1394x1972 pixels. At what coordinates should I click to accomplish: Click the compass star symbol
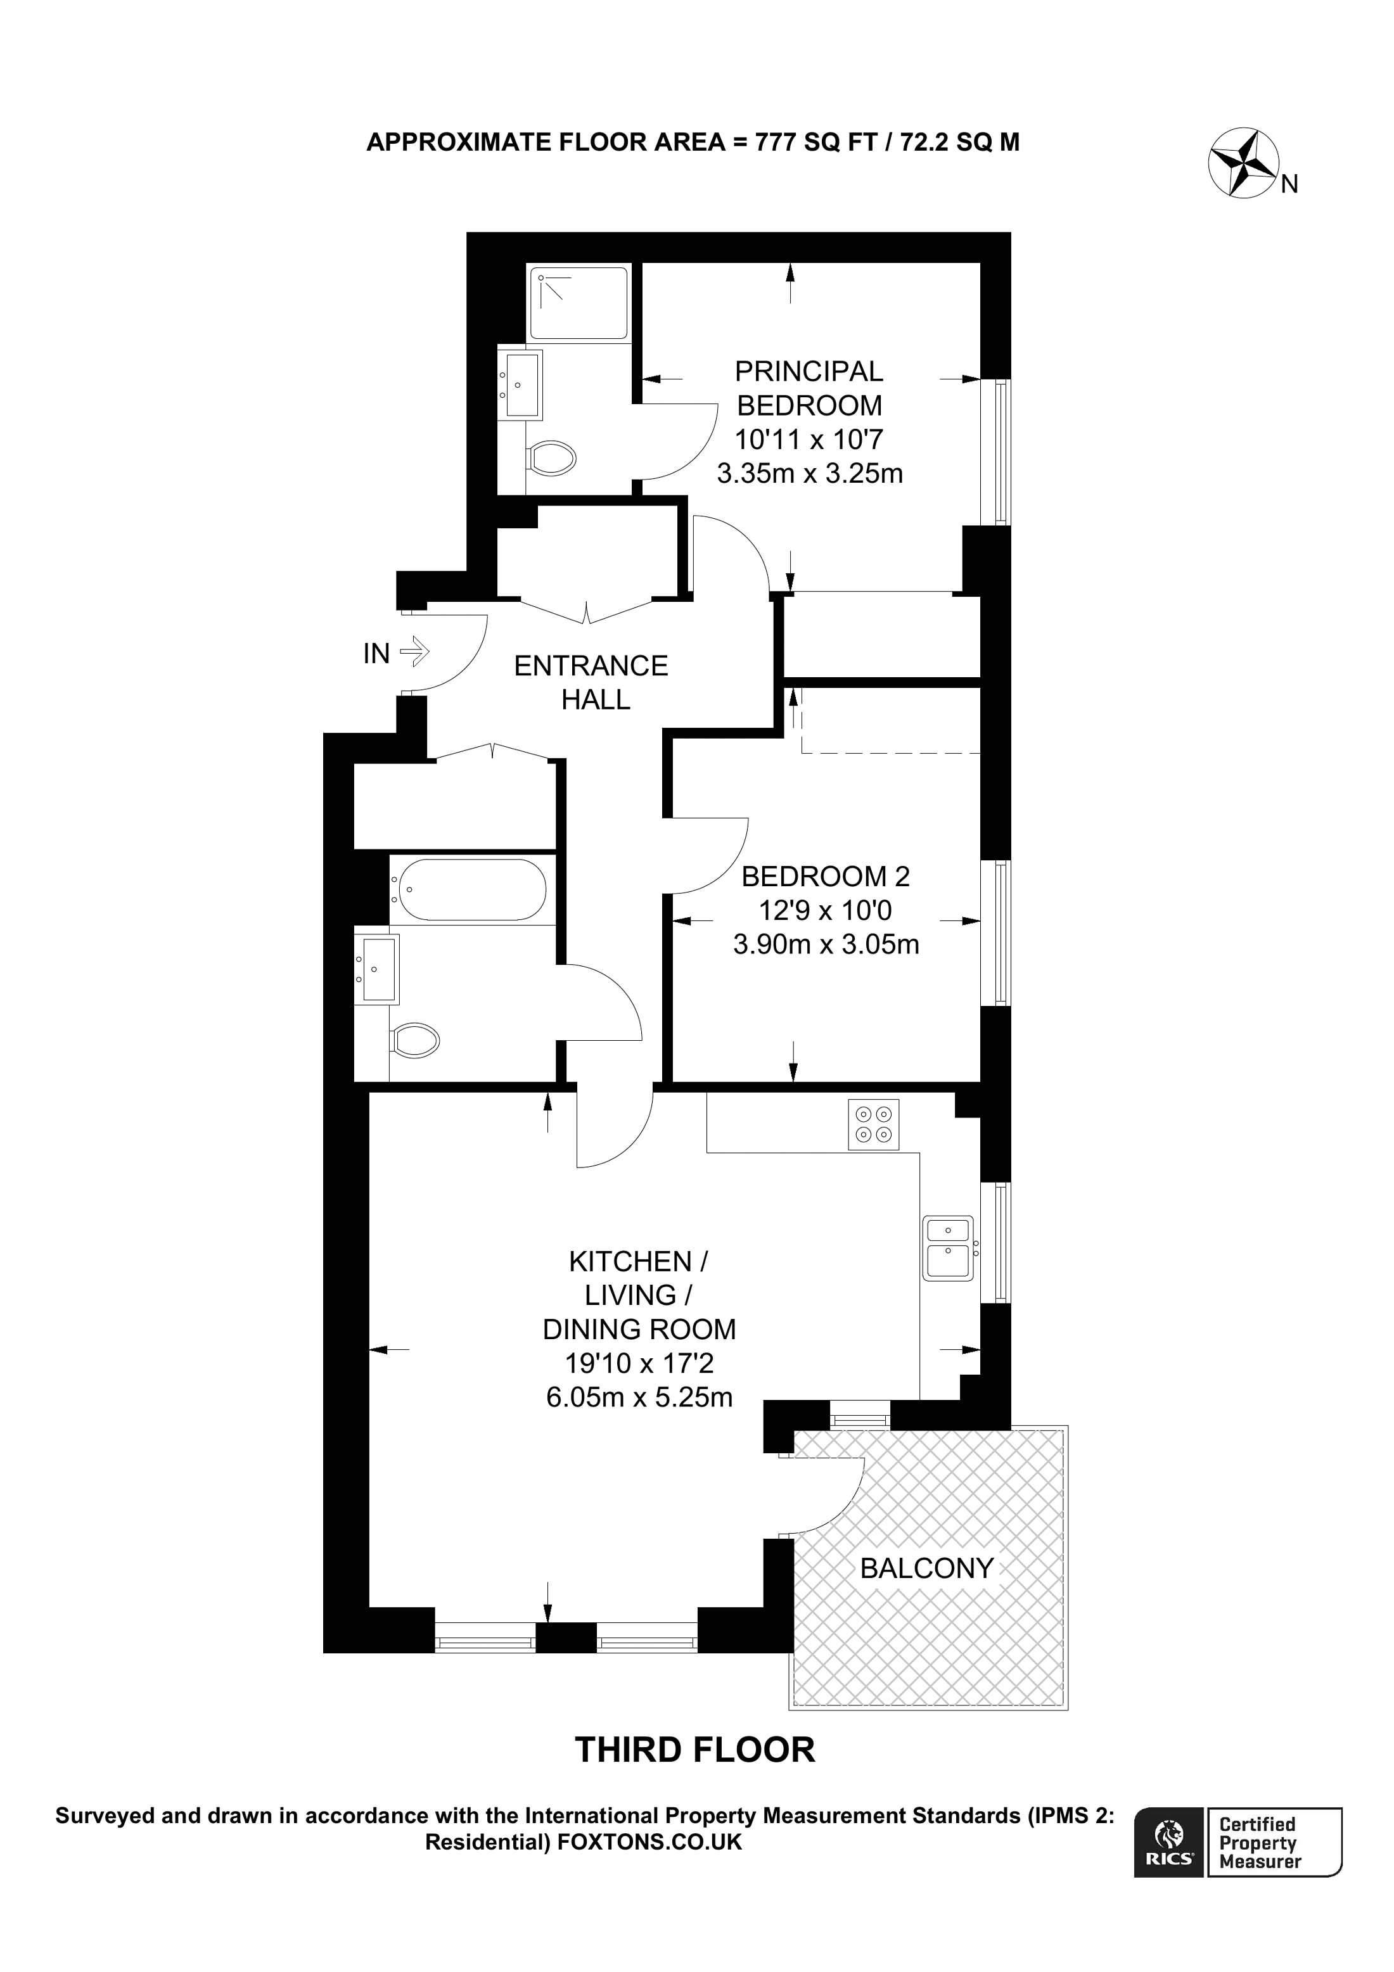[x=1243, y=162]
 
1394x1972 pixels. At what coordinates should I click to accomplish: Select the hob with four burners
[x=874, y=1124]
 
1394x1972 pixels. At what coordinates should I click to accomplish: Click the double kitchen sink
[x=947, y=1248]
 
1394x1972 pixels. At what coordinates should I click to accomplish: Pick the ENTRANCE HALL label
[x=592, y=682]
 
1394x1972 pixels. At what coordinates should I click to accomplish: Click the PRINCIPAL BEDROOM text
[x=809, y=388]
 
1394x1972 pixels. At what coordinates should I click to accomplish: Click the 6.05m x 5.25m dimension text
[x=639, y=1397]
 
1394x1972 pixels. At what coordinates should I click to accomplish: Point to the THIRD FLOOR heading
[x=695, y=1750]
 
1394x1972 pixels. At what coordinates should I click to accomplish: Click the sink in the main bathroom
[x=378, y=968]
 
